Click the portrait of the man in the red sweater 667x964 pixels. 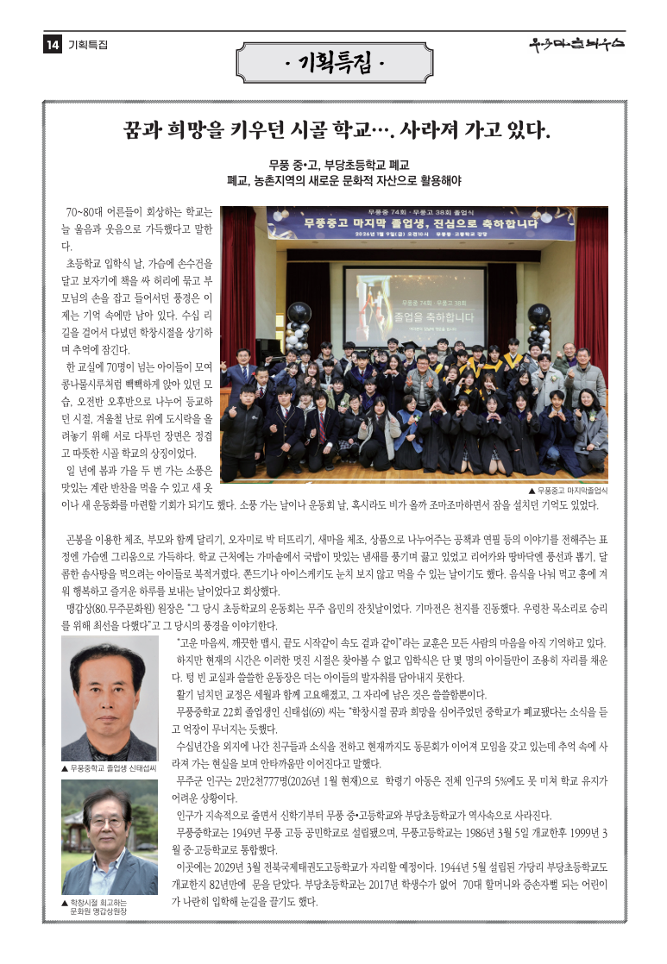(109, 699)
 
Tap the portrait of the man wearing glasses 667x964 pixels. (109, 838)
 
